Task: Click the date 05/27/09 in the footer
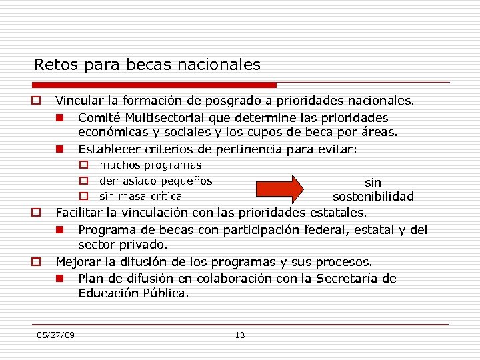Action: (56, 335)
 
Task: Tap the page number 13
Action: (240, 335)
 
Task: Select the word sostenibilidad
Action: (373, 197)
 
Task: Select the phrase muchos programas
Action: (151, 165)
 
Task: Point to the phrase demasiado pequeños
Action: (156, 181)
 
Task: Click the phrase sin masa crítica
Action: (141, 197)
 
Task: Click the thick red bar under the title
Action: (154, 85)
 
